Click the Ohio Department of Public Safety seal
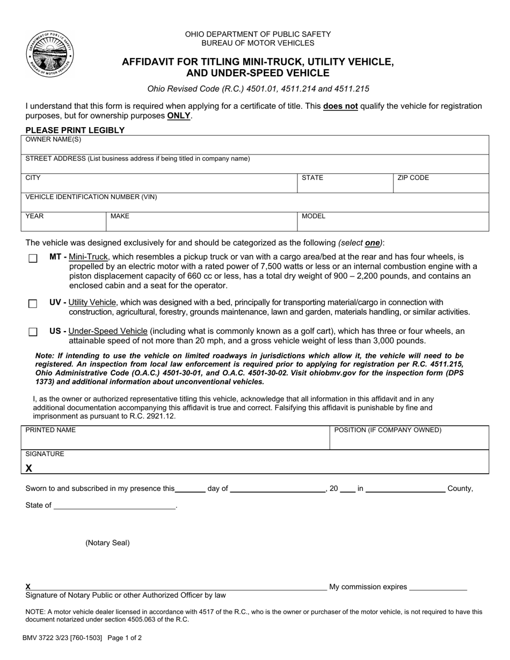click(49, 54)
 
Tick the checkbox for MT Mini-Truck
click(33, 259)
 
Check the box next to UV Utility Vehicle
click(33, 304)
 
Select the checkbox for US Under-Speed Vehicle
click(33, 332)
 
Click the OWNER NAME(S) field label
click(54, 140)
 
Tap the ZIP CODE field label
click(413, 178)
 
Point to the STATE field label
click(312, 178)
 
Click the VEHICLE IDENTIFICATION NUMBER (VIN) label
click(91, 197)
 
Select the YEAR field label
click(35, 216)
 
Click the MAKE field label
click(120, 216)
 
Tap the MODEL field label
click(314, 216)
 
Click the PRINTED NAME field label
click(50, 430)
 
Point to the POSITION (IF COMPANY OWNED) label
click(388, 430)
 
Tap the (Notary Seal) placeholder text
click(107, 542)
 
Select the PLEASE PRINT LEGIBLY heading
click(75, 130)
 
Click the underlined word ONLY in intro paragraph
click(179, 115)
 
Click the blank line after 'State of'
click(115, 506)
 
